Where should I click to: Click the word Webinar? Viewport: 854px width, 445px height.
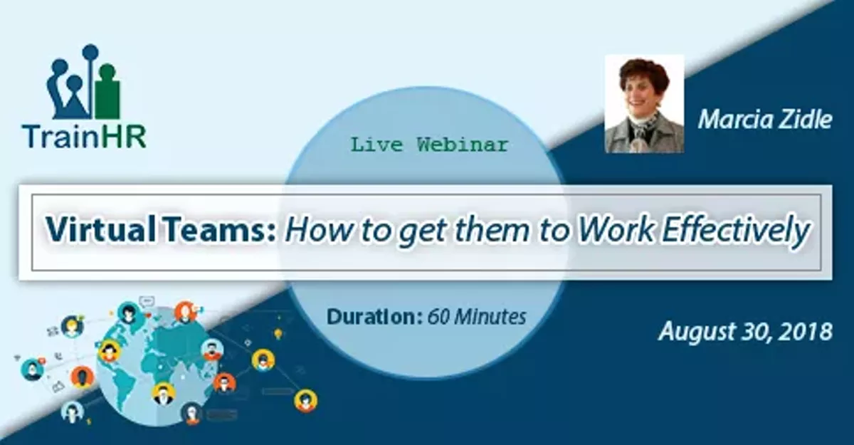pos(463,145)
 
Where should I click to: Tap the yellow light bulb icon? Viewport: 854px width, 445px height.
pos(278,333)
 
